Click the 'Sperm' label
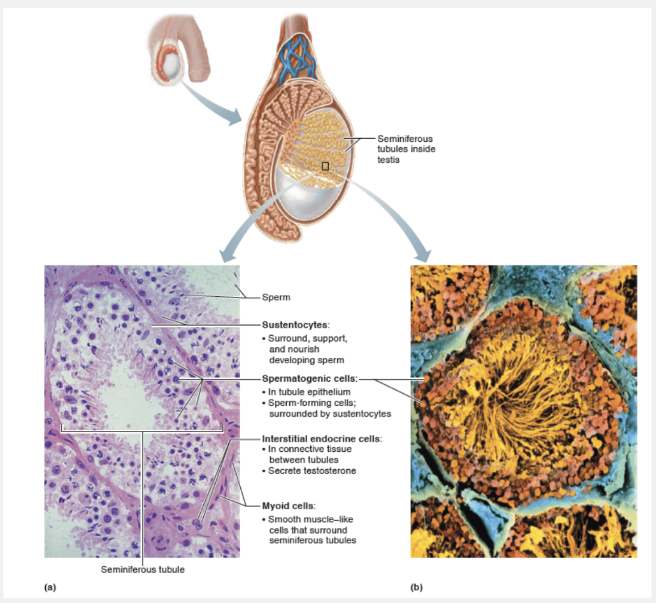coord(276,298)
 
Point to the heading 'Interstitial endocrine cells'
coord(322,438)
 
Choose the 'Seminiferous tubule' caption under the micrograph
coord(142,569)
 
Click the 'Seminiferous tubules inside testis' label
coord(405,150)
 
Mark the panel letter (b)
coord(416,586)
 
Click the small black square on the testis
coord(325,167)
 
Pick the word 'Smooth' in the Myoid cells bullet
coord(283,519)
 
